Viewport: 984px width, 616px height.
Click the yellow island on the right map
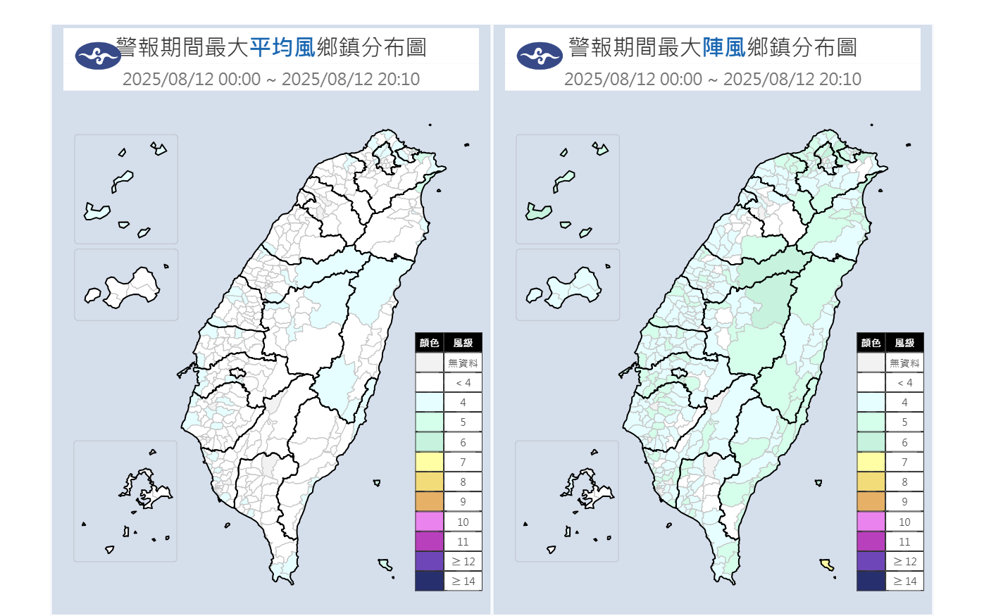[826, 564]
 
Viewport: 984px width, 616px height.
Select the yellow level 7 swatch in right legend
[871, 462]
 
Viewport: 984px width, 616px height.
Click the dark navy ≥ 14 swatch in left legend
[429, 581]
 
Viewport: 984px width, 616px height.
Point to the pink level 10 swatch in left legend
[429, 522]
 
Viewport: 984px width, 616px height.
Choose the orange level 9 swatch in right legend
[871, 501]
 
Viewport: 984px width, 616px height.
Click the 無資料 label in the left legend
[463, 363]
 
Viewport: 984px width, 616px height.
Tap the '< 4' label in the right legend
[904, 383]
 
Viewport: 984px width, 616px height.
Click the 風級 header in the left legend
[463, 343]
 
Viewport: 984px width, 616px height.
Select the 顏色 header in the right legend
[871, 343]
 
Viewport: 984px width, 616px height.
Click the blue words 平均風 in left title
[282, 47]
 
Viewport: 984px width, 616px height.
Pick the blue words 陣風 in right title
[724, 47]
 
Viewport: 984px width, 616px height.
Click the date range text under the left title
[271, 79]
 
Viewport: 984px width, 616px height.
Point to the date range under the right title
[713, 79]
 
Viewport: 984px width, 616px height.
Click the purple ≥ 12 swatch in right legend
[871, 561]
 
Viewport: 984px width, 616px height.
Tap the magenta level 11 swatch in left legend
[429, 541]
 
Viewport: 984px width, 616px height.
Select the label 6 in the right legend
[904, 442]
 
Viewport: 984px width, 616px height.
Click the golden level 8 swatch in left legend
[429, 482]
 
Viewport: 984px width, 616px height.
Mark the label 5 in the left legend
[463, 422]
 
